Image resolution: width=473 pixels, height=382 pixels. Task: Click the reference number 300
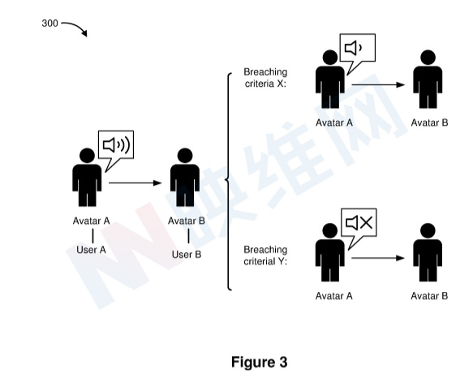click(49, 24)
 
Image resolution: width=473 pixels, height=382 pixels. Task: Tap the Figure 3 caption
click(259, 362)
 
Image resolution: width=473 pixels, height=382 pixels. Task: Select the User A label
click(91, 250)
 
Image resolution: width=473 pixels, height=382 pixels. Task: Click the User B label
click(187, 255)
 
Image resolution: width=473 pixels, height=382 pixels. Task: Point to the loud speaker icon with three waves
click(116, 145)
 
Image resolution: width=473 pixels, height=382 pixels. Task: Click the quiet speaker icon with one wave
click(353, 48)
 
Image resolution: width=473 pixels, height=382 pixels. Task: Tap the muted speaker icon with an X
click(359, 223)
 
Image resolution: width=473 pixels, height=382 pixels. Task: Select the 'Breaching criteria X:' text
click(265, 78)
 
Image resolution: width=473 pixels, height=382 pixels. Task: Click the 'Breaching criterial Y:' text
click(265, 255)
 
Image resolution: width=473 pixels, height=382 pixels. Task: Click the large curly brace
click(228, 181)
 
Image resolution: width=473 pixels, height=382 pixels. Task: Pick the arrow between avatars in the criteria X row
click(378, 84)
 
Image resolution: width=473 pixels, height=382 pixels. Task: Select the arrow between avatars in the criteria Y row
click(378, 258)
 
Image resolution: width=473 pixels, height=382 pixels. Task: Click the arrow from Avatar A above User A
click(135, 182)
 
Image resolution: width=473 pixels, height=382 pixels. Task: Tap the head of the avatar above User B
click(185, 156)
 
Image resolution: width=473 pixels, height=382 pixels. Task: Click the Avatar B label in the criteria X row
click(429, 122)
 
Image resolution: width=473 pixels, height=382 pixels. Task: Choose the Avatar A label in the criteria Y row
click(334, 296)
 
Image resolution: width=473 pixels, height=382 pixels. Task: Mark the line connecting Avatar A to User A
click(92, 236)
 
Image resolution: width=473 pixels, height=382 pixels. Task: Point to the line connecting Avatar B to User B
click(188, 236)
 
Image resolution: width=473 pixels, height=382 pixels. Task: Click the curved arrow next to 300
click(74, 28)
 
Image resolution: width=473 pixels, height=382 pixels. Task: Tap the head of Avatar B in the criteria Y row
click(428, 231)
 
